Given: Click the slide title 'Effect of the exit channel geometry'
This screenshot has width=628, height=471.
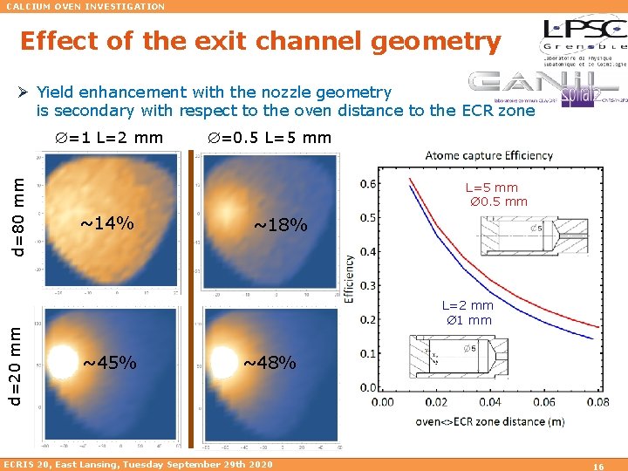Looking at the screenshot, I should [x=260, y=42].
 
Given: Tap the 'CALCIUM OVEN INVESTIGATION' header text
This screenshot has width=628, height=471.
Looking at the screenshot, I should [x=85, y=6].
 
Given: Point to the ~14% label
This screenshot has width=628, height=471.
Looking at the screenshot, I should [x=107, y=223].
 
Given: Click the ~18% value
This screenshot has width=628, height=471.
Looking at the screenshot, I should [x=280, y=225].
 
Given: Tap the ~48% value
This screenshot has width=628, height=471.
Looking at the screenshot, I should [x=269, y=362].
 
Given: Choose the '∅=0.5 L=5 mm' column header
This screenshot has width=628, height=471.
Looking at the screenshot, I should [x=269, y=138].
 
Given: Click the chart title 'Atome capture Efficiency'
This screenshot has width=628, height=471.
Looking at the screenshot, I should [x=488, y=155].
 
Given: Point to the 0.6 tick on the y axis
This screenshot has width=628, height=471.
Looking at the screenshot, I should [x=369, y=183].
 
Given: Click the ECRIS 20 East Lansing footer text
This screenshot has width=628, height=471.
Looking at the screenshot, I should [x=138, y=463].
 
